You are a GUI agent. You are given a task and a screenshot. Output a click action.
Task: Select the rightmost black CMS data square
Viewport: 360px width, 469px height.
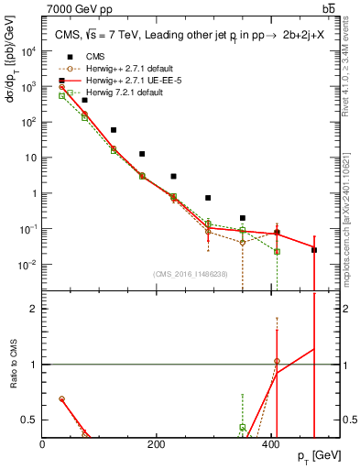pos(314,249)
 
